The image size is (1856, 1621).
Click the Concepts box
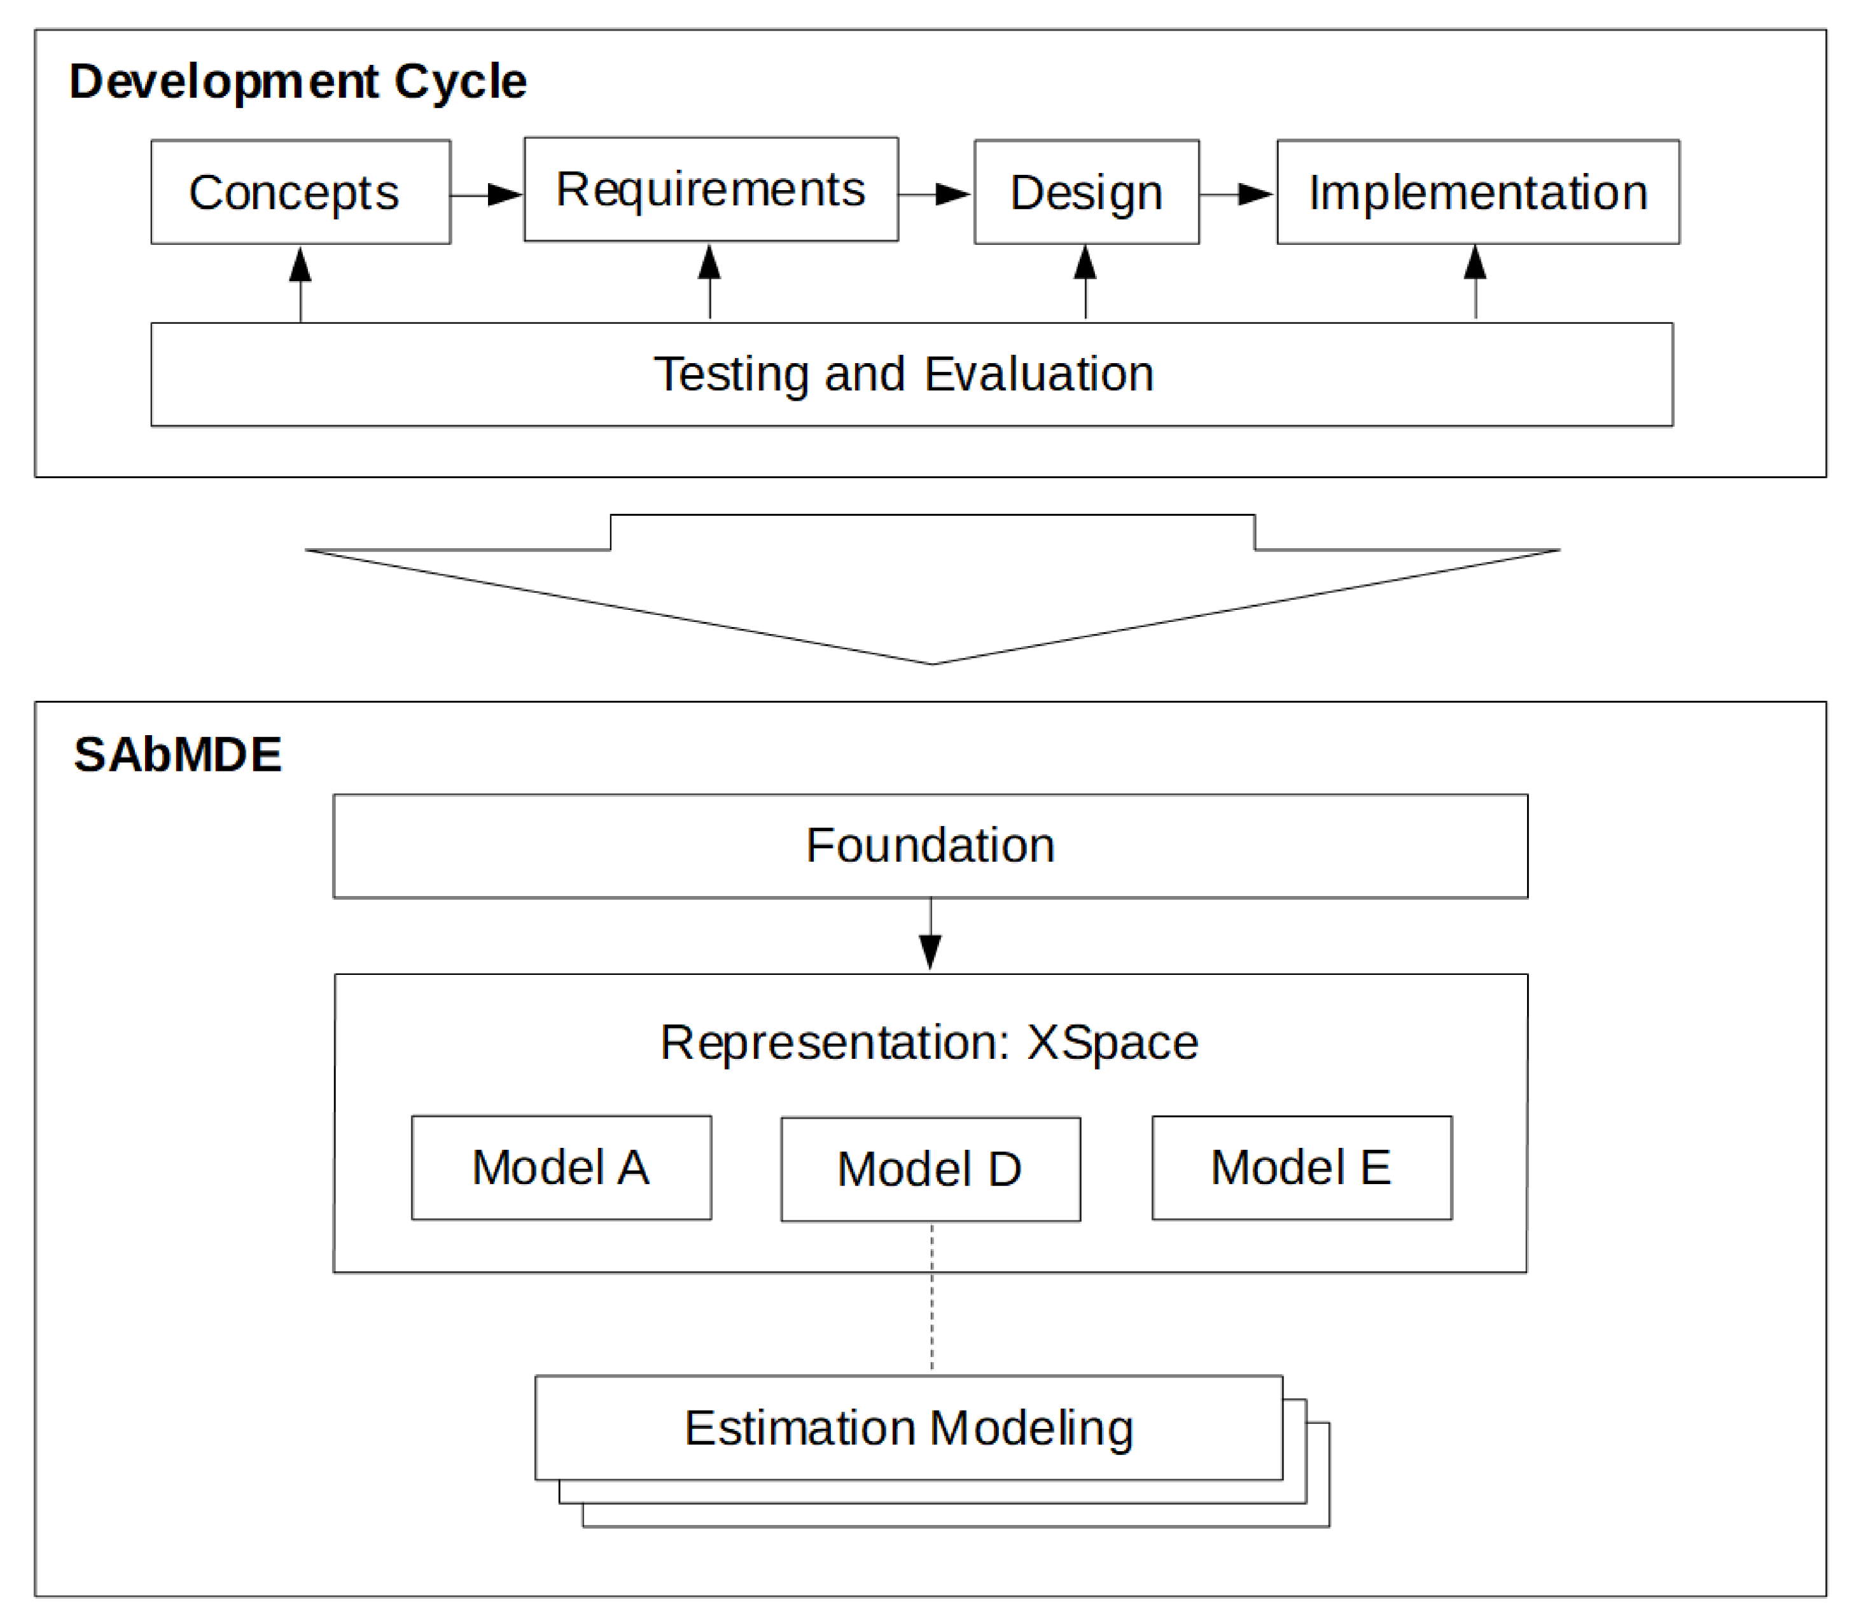pos(300,192)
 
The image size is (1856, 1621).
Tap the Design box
pos(1086,192)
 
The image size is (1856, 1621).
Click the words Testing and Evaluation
pos(903,373)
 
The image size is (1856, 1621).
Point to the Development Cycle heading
pos(298,81)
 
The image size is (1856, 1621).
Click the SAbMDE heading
pos(178,754)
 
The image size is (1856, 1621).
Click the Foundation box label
pos(930,845)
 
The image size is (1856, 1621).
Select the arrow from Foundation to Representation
pos(930,935)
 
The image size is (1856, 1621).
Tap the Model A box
pos(561,1167)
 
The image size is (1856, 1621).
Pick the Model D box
pos(930,1169)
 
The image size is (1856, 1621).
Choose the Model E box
pos(1301,1167)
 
